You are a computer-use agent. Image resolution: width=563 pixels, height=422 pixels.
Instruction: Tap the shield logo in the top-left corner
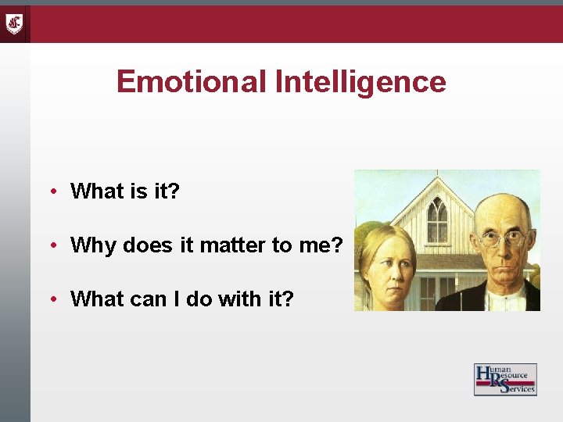(x=15, y=23)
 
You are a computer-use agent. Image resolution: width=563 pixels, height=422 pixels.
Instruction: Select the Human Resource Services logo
(x=505, y=379)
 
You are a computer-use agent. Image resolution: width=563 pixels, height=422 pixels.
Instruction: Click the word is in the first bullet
(x=134, y=191)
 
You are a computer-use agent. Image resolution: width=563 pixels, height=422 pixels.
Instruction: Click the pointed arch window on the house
(x=437, y=220)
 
